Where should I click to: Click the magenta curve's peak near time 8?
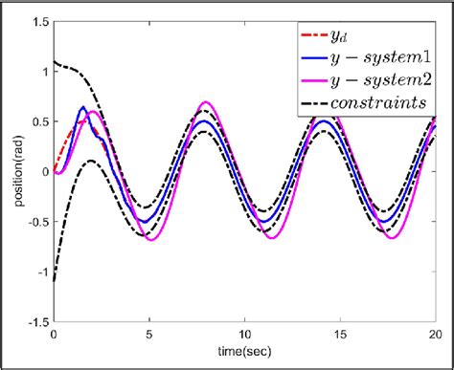207,101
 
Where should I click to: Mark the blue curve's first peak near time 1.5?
83,107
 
